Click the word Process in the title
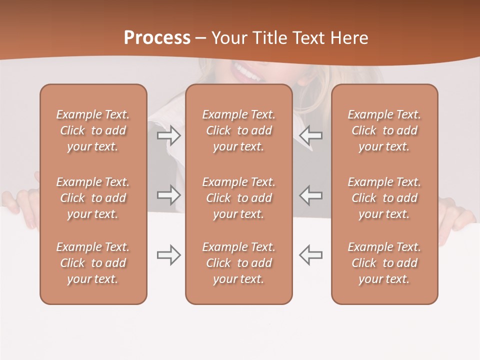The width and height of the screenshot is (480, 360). [157, 38]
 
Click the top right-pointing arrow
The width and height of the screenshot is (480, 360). [169, 135]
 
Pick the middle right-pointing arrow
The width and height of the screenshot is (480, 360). [169, 194]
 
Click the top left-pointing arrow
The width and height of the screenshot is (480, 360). [310, 135]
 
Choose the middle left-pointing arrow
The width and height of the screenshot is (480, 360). [310, 194]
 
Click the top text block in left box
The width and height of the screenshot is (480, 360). [93, 130]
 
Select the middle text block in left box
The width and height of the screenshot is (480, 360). [93, 198]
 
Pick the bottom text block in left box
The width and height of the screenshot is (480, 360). [93, 263]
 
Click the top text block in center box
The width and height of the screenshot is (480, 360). [238, 130]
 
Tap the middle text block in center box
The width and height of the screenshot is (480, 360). [238, 198]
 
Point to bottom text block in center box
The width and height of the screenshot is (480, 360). [238, 263]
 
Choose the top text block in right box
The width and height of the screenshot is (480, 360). [384, 130]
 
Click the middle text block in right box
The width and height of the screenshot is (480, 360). [384, 198]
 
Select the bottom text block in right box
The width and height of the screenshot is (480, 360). [384, 263]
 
